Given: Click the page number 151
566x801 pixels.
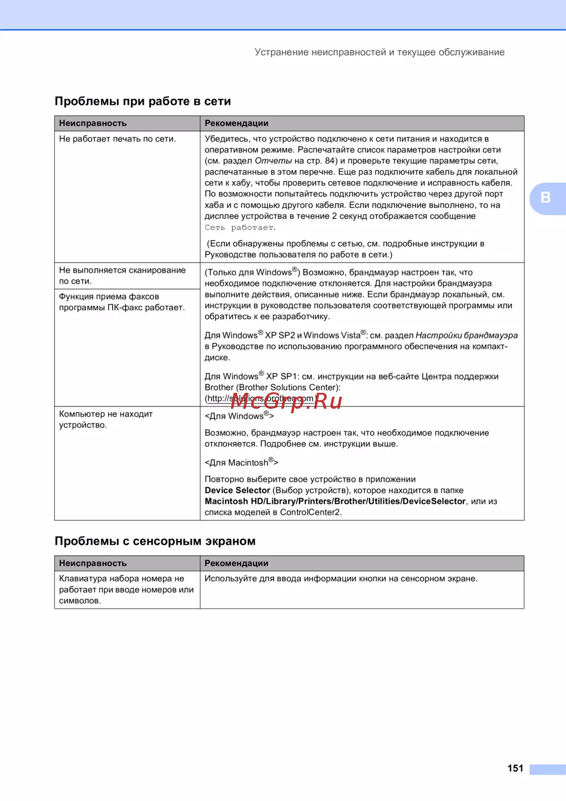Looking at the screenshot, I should coord(515,768).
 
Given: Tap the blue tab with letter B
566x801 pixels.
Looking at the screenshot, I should coord(546,198).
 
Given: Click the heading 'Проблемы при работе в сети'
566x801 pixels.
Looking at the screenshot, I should coord(143,101).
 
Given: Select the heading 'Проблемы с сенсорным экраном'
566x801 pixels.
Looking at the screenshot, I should coord(155,541).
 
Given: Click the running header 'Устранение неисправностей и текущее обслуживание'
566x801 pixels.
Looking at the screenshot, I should coord(379,52).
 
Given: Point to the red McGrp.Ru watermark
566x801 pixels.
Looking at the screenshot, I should coord(286,401).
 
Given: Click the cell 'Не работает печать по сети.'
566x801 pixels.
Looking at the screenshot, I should coord(118,139).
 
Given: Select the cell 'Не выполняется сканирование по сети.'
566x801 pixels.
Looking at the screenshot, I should coord(122,276).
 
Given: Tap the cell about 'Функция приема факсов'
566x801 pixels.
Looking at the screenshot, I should coord(122,302).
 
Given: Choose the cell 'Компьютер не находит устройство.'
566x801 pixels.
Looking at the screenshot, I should coord(106,419).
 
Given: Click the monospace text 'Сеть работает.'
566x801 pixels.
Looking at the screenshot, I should coord(240,228).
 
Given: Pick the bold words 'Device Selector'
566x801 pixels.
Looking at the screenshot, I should coord(237,490).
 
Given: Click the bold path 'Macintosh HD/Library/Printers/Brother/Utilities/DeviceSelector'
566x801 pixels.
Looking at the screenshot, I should coord(335,501).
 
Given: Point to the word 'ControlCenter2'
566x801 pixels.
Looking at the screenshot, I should coord(310,512).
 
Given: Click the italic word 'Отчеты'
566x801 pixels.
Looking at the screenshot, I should coord(273,161).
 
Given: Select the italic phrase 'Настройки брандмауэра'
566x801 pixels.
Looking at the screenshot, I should coord(466,335).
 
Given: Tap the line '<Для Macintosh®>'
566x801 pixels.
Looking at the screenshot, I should coord(241,462).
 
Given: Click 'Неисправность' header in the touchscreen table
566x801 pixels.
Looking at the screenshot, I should coord(93,563).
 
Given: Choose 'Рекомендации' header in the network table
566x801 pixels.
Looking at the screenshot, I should coord(237,123).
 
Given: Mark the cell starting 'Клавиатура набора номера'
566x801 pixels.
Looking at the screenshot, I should coord(126,589).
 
